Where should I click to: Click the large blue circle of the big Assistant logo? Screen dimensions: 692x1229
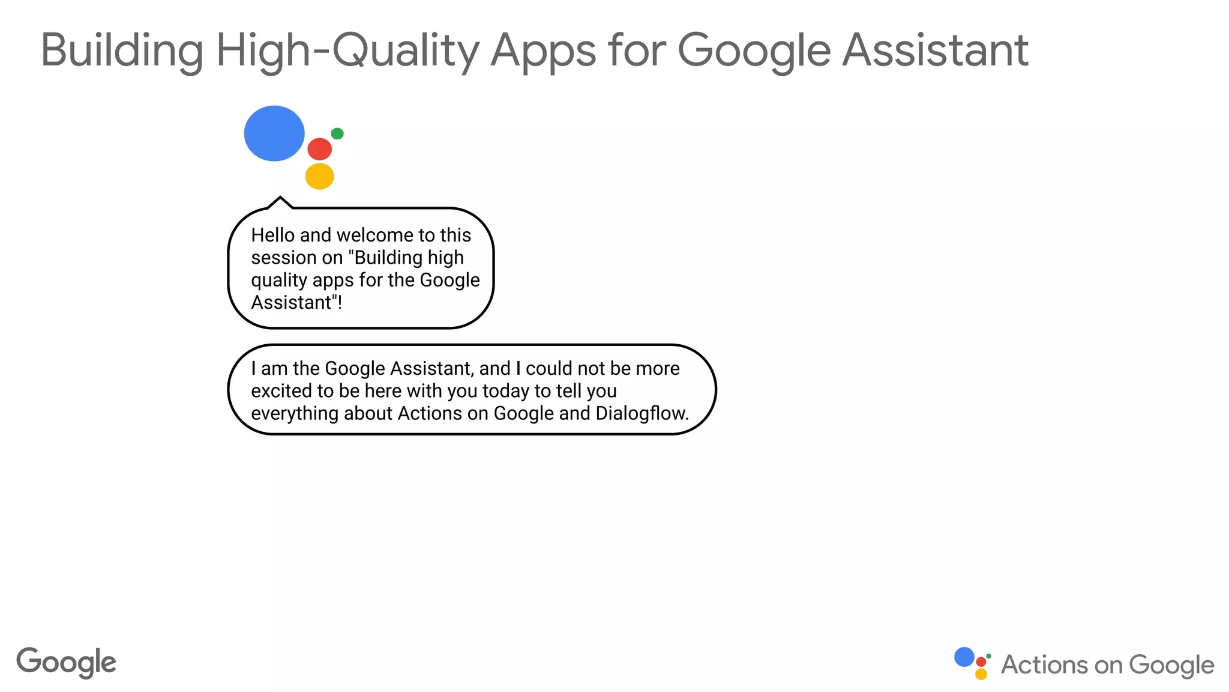tap(274, 133)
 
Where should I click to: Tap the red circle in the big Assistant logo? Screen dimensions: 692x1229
tap(319, 149)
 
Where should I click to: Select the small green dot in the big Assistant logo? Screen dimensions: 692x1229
tap(337, 133)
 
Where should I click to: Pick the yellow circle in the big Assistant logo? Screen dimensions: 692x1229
tap(319, 177)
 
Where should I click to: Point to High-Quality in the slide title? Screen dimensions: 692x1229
tap(347, 50)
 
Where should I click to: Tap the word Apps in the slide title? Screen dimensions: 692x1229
tap(543, 50)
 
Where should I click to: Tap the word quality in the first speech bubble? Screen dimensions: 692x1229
tap(278, 281)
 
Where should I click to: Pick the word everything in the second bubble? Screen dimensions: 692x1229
tap(292, 414)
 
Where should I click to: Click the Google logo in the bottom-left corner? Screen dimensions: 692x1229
tap(66, 663)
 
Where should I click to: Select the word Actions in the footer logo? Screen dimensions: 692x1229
tap(1044, 665)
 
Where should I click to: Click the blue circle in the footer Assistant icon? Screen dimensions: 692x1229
tap(964, 657)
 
